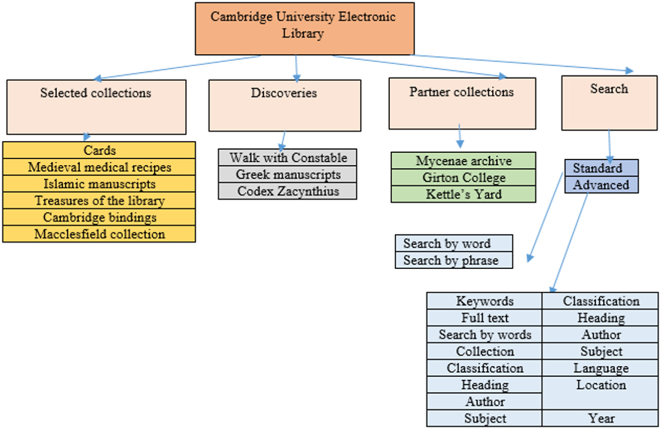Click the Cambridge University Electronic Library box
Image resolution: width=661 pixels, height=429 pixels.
(304, 28)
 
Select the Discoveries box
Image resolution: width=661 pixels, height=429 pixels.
(284, 106)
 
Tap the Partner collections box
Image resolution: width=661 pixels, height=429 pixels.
(462, 103)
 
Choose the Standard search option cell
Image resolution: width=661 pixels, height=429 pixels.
(601, 168)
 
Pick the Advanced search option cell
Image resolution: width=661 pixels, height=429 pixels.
(601, 185)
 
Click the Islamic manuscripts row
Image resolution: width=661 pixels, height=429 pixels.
(99, 184)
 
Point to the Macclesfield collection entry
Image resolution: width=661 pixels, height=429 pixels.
(99, 234)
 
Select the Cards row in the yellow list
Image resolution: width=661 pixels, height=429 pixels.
(99, 150)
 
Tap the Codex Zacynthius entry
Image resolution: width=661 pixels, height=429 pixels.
(287, 191)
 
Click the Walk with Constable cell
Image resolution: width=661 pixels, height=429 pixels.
(287, 158)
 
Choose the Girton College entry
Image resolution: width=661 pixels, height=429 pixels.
(463, 178)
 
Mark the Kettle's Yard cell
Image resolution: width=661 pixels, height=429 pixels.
(463, 194)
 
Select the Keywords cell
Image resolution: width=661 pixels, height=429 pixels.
(484, 301)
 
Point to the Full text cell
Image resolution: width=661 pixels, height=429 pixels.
(484, 318)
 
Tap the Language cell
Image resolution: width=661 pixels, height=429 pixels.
(600, 368)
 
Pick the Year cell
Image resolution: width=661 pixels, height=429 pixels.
(600, 418)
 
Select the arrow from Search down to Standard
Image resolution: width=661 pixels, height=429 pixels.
(610, 145)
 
